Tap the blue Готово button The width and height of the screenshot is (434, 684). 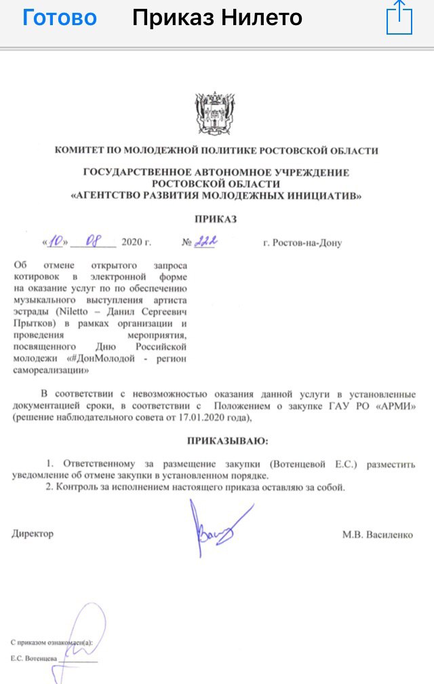click(60, 18)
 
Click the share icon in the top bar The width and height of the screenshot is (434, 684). click(399, 18)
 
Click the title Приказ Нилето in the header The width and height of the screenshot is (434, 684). click(217, 18)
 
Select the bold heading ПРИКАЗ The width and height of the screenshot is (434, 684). click(217, 220)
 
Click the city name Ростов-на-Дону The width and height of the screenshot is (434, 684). click(302, 243)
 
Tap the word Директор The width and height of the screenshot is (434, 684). click(33, 534)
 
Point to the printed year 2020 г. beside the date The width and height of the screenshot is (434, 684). click(136, 242)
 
